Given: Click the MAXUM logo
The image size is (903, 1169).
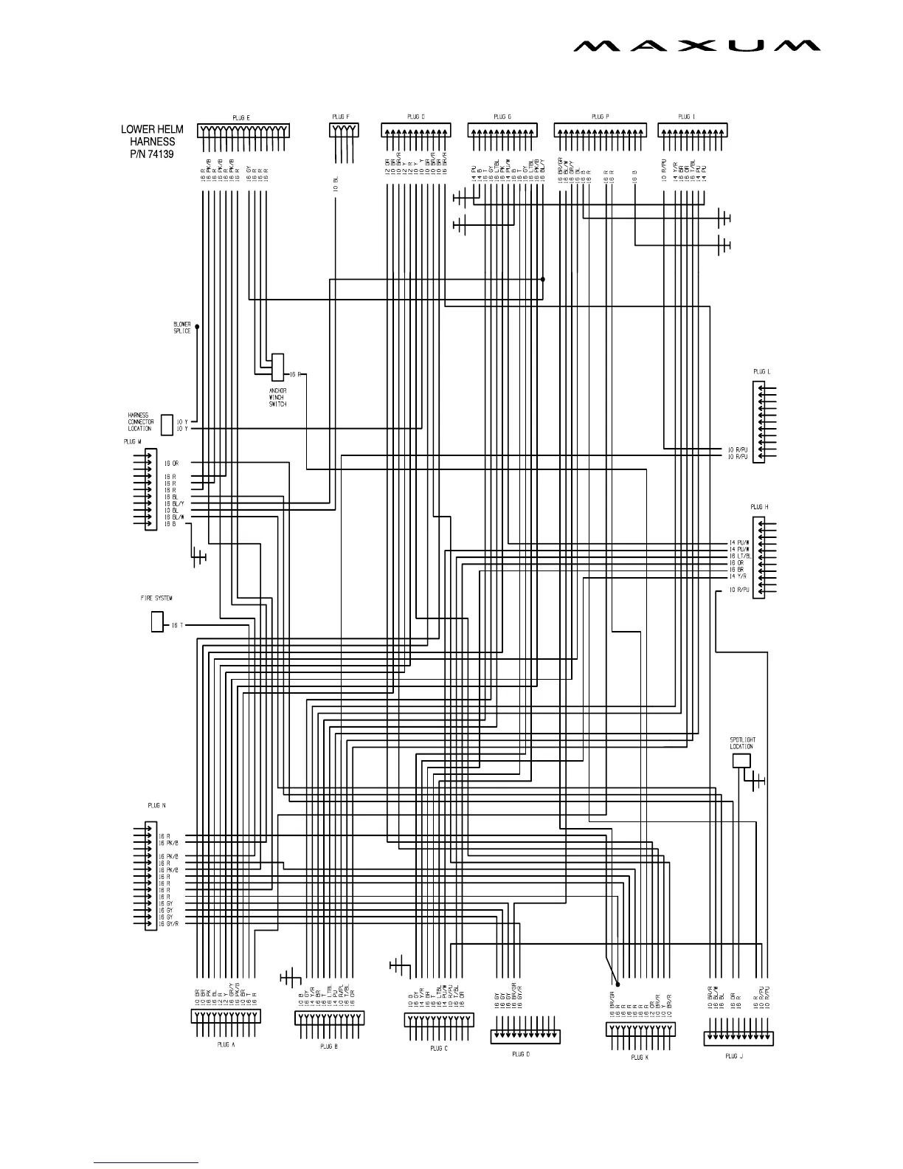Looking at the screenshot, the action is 696,46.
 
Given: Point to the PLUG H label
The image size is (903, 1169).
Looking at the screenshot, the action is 759,507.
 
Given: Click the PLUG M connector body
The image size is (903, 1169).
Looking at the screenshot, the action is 151,488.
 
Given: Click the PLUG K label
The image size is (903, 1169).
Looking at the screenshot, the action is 640,1057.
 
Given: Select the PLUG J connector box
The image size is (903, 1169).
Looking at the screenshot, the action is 738,1038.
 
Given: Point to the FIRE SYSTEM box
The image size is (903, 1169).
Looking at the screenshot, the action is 157,622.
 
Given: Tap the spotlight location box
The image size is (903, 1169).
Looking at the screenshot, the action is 741,761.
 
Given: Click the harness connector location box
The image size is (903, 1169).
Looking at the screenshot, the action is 167,425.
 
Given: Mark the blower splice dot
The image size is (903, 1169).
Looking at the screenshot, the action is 197,325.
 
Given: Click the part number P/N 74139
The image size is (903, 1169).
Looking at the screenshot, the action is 152,154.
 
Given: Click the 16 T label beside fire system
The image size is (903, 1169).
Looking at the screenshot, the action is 177,626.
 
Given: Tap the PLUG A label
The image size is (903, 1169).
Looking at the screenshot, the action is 226,1044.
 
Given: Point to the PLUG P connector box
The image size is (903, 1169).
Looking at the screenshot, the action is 600,130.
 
